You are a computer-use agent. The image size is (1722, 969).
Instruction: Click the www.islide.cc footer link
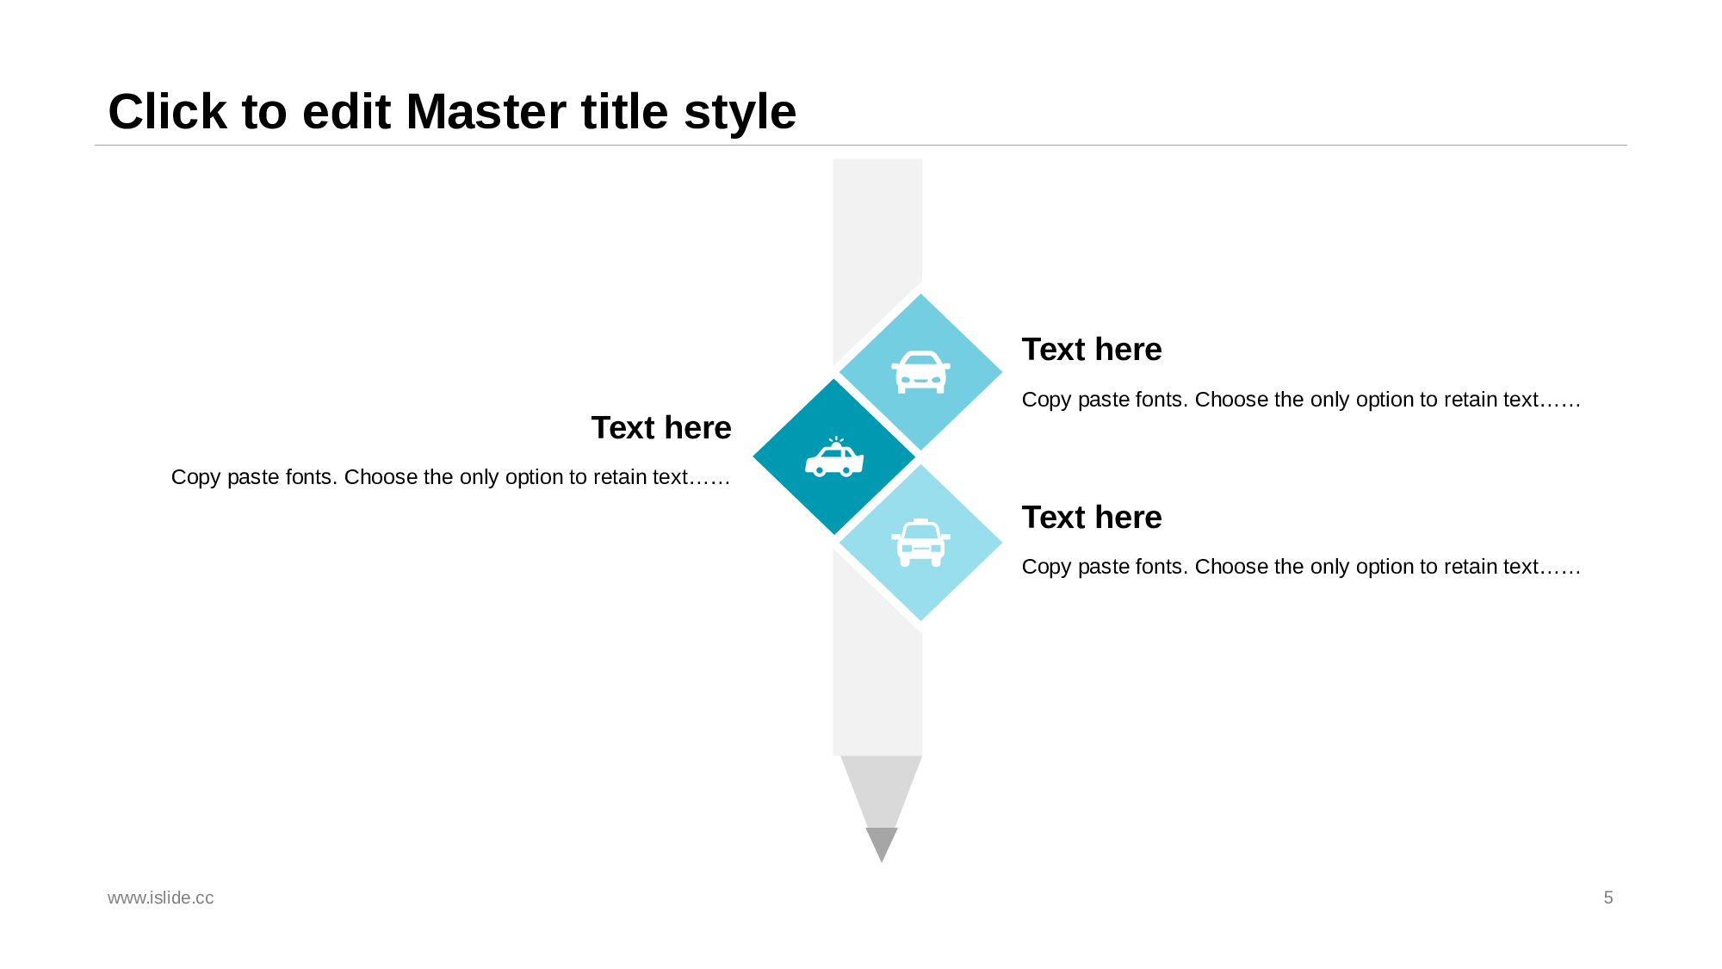pyautogui.click(x=161, y=898)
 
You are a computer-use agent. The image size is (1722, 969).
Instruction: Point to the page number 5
pyautogui.click(x=1608, y=898)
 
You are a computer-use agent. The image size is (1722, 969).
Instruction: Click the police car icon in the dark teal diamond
pyautogui.click(x=834, y=457)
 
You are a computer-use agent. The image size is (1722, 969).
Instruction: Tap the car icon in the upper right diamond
pyautogui.click(x=920, y=372)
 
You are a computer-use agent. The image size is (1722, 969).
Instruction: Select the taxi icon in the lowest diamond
pyautogui.click(x=920, y=543)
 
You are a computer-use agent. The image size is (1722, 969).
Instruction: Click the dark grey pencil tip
pyautogui.click(x=882, y=842)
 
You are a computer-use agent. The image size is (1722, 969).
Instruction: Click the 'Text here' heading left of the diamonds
pyautogui.click(x=661, y=428)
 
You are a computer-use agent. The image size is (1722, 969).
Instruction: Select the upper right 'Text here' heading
pyautogui.click(x=1092, y=350)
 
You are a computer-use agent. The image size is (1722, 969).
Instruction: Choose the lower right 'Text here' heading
pyautogui.click(x=1092, y=518)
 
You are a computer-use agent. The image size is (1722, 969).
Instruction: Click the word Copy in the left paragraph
pyautogui.click(x=196, y=478)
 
